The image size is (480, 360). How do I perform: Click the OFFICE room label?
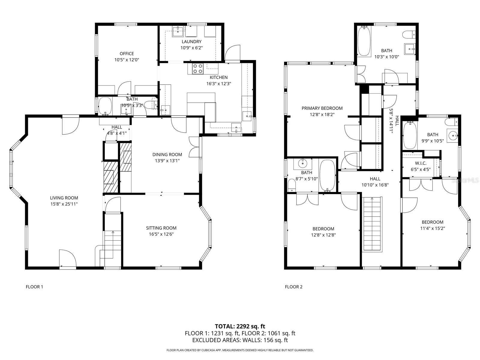tap(127, 54)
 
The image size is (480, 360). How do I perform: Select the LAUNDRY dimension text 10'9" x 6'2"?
tap(191, 48)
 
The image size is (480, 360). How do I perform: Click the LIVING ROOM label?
tap(64, 198)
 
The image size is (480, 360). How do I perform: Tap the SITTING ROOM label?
tap(161, 228)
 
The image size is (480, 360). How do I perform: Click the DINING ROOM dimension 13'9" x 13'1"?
tap(167, 160)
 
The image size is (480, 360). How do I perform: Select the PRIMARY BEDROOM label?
tap(322, 108)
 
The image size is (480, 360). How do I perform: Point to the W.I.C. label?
tap(421, 163)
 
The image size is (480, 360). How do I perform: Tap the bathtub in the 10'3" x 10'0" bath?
tap(364, 41)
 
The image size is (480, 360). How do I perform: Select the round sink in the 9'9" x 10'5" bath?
tap(452, 135)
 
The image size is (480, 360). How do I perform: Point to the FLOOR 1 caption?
tap(34, 287)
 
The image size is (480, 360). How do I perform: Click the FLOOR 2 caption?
tap(294, 287)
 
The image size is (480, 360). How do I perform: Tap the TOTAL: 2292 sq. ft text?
tap(240, 326)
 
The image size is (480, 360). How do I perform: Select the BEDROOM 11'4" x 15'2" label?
tap(432, 222)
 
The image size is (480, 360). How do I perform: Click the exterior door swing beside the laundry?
tap(233, 53)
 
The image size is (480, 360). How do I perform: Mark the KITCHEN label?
tap(218, 77)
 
